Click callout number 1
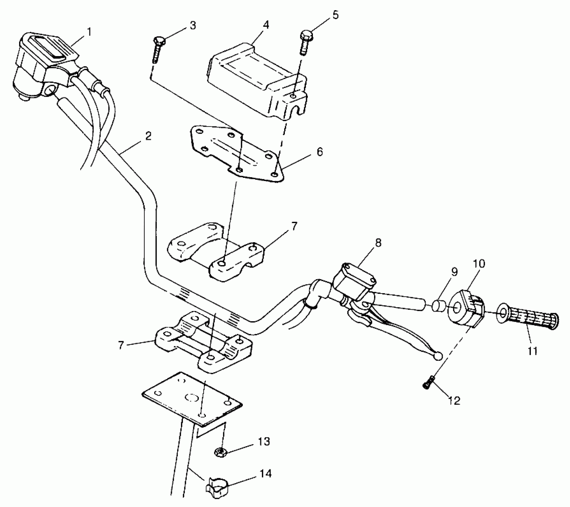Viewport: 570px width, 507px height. [89, 32]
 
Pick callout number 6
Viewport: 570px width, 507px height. [319, 152]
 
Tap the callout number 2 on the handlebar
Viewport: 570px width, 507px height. [148, 136]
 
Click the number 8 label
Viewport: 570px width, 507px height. [378, 243]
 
